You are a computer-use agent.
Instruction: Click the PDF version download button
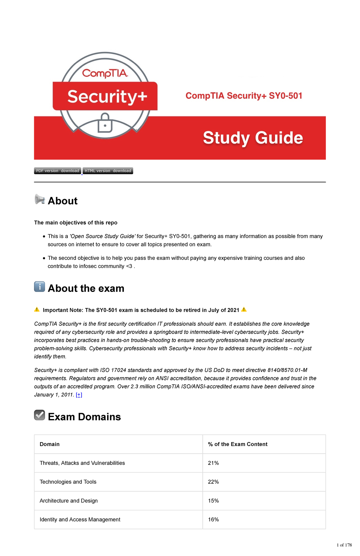click(x=58, y=171)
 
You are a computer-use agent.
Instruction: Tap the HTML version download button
click(x=108, y=171)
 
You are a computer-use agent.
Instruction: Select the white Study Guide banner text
click(x=253, y=138)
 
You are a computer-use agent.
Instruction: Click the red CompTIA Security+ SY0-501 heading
click(x=244, y=96)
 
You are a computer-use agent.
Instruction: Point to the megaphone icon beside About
click(x=40, y=199)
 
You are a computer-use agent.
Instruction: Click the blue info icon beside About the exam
click(x=40, y=287)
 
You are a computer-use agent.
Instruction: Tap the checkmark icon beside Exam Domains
click(x=40, y=415)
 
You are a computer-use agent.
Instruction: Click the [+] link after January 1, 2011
click(x=79, y=395)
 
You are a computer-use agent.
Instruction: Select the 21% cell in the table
click(x=213, y=463)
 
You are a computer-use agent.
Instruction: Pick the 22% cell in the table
click(x=213, y=482)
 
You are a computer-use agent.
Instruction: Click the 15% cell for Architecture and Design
click(x=213, y=501)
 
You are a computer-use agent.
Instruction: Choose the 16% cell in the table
click(x=213, y=520)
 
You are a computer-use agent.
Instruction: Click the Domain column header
click(x=49, y=444)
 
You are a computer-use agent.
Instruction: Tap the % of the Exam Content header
click(x=238, y=444)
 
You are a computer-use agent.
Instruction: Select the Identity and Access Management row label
click(x=80, y=520)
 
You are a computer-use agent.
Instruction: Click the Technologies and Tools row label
click(x=68, y=482)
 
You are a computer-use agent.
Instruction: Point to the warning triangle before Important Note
click(x=37, y=310)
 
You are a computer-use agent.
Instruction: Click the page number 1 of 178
click(x=344, y=545)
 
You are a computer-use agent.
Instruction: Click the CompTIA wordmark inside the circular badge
click(x=105, y=73)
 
